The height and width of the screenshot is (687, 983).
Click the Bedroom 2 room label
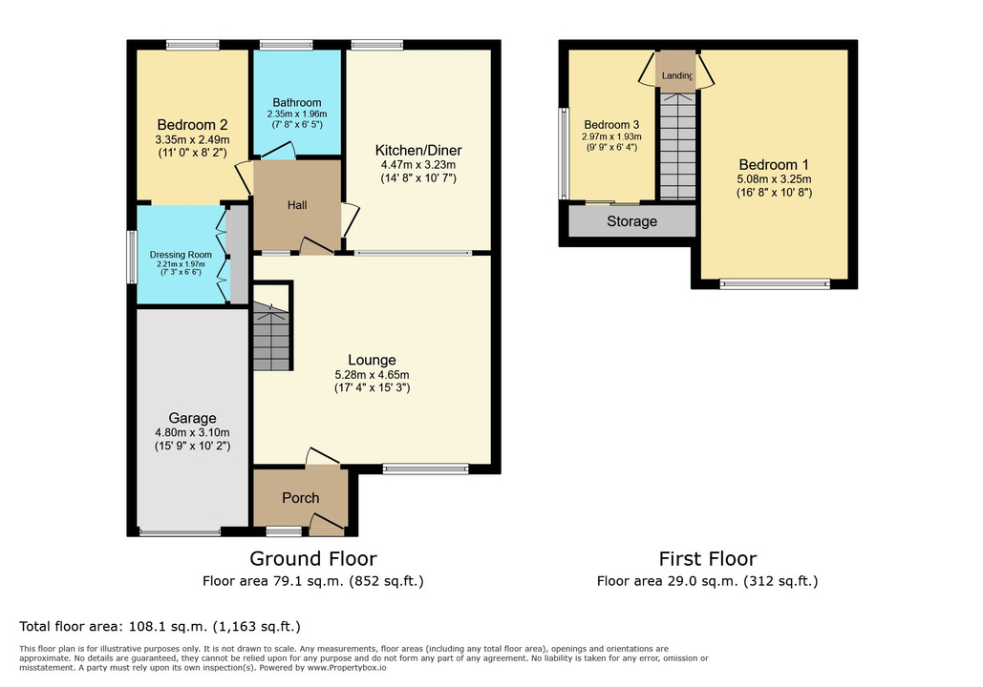click(x=192, y=125)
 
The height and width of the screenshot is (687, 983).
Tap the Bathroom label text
click(x=297, y=103)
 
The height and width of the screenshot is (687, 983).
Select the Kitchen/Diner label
click(x=418, y=151)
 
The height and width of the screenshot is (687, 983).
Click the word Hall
click(x=297, y=205)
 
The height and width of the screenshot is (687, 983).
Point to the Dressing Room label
click(x=181, y=255)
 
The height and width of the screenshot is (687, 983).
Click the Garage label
click(x=192, y=418)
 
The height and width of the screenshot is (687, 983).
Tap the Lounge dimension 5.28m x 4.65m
click(x=372, y=374)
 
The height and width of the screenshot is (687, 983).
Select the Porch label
click(x=301, y=498)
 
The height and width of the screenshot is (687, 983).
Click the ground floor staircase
click(x=271, y=336)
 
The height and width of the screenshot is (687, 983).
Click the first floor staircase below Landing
click(x=677, y=147)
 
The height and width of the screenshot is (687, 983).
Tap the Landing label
click(x=677, y=75)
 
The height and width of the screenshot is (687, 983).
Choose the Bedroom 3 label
click(x=611, y=125)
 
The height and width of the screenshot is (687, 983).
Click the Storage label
click(x=632, y=221)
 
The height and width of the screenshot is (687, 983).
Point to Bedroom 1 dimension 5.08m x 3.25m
click(x=774, y=179)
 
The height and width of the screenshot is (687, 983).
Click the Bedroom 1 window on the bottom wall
click(x=775, y=284)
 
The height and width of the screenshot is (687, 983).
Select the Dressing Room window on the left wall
click(x=132, y=258)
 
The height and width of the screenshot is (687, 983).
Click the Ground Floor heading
click(x=313, y=558)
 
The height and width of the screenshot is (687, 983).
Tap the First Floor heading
click(x=708, y=558)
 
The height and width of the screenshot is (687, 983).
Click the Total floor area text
click(x=160, y=626)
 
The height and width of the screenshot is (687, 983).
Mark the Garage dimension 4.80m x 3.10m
click(x=192, y=433)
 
